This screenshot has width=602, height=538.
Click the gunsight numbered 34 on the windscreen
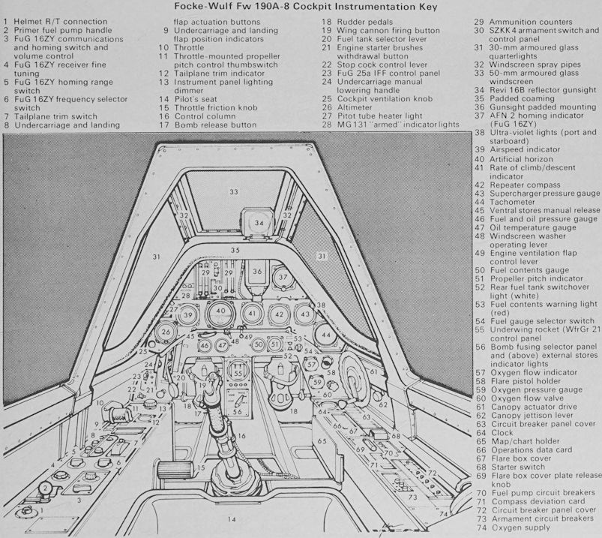click(x=258, y=223)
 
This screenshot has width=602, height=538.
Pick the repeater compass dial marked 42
click(x=278, y=314)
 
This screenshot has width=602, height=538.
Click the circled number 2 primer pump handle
click(x=46, y=489)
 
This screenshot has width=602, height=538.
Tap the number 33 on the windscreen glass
click(x=234, y=192)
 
